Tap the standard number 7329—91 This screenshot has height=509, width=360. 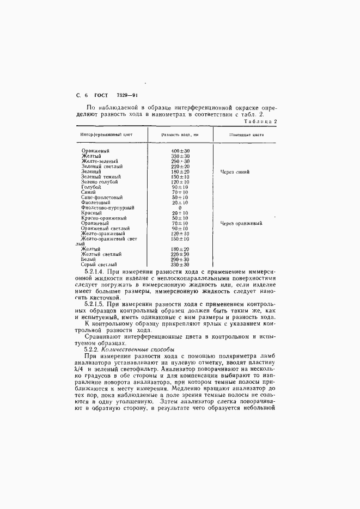pos(127,95)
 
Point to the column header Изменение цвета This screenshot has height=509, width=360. pos(247,134)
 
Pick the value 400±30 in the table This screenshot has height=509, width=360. pos(180,150)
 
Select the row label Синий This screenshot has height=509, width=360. pos(89,192)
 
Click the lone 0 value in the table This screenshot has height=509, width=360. pos(180,207)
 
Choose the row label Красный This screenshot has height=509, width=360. pos(91,213)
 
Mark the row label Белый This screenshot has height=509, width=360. pos(89,259)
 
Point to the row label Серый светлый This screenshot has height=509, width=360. pos(99,265)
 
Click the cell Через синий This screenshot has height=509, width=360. pos(235,171)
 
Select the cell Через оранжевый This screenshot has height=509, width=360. pos(241,223)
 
